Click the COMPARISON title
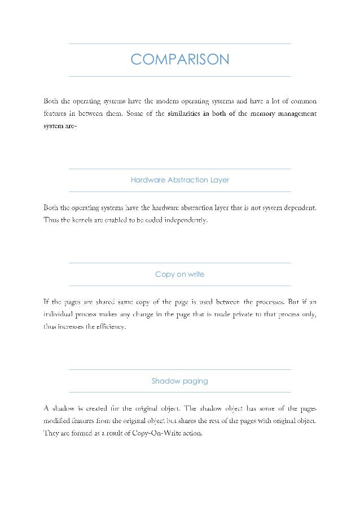(x=179, y=59)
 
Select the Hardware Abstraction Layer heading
(x=179, y=180)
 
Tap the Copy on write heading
(x=179, y=274)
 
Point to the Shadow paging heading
(x=179, y=381)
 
